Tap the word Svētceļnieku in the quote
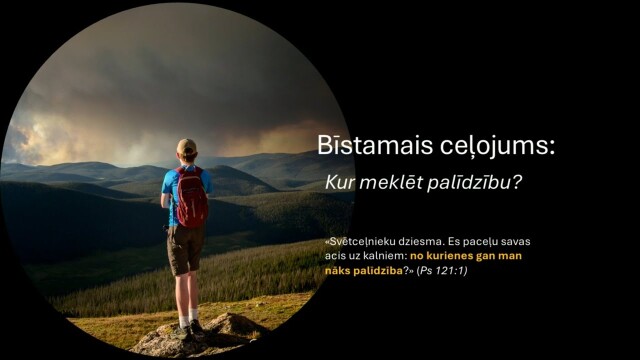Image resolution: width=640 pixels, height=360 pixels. click(x=364, y=242)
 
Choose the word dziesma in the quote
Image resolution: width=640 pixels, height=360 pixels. click(x=430, y=242)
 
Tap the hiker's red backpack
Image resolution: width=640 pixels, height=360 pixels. click(x=190, y=197)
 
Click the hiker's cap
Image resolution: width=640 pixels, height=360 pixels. click(x=186, y=146)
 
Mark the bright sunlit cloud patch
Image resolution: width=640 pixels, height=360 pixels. click(x=40, y=130)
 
